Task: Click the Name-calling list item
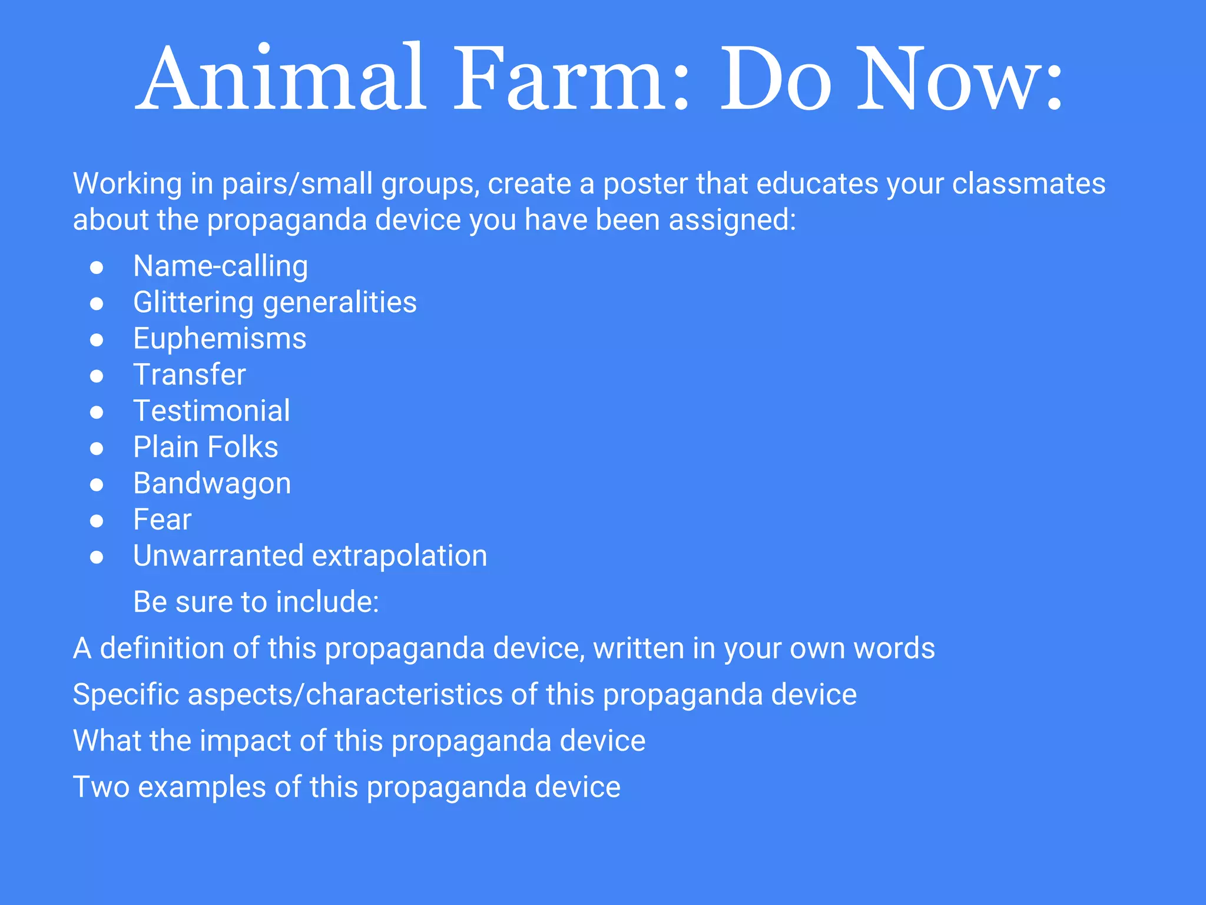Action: [220, 266]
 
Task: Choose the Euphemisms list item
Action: [220, 339]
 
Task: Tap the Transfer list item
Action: [189, 375]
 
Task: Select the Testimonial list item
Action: [211, 411]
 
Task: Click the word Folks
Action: [242, 447]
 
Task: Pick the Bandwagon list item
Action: [212, 484]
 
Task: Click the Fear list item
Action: [162, 520]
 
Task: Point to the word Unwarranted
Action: [218, 556]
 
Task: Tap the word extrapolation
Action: [399, 556]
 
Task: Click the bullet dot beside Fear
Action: [97, 521]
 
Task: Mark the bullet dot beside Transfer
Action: [97, 376]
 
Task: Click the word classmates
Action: [1028, 183]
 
